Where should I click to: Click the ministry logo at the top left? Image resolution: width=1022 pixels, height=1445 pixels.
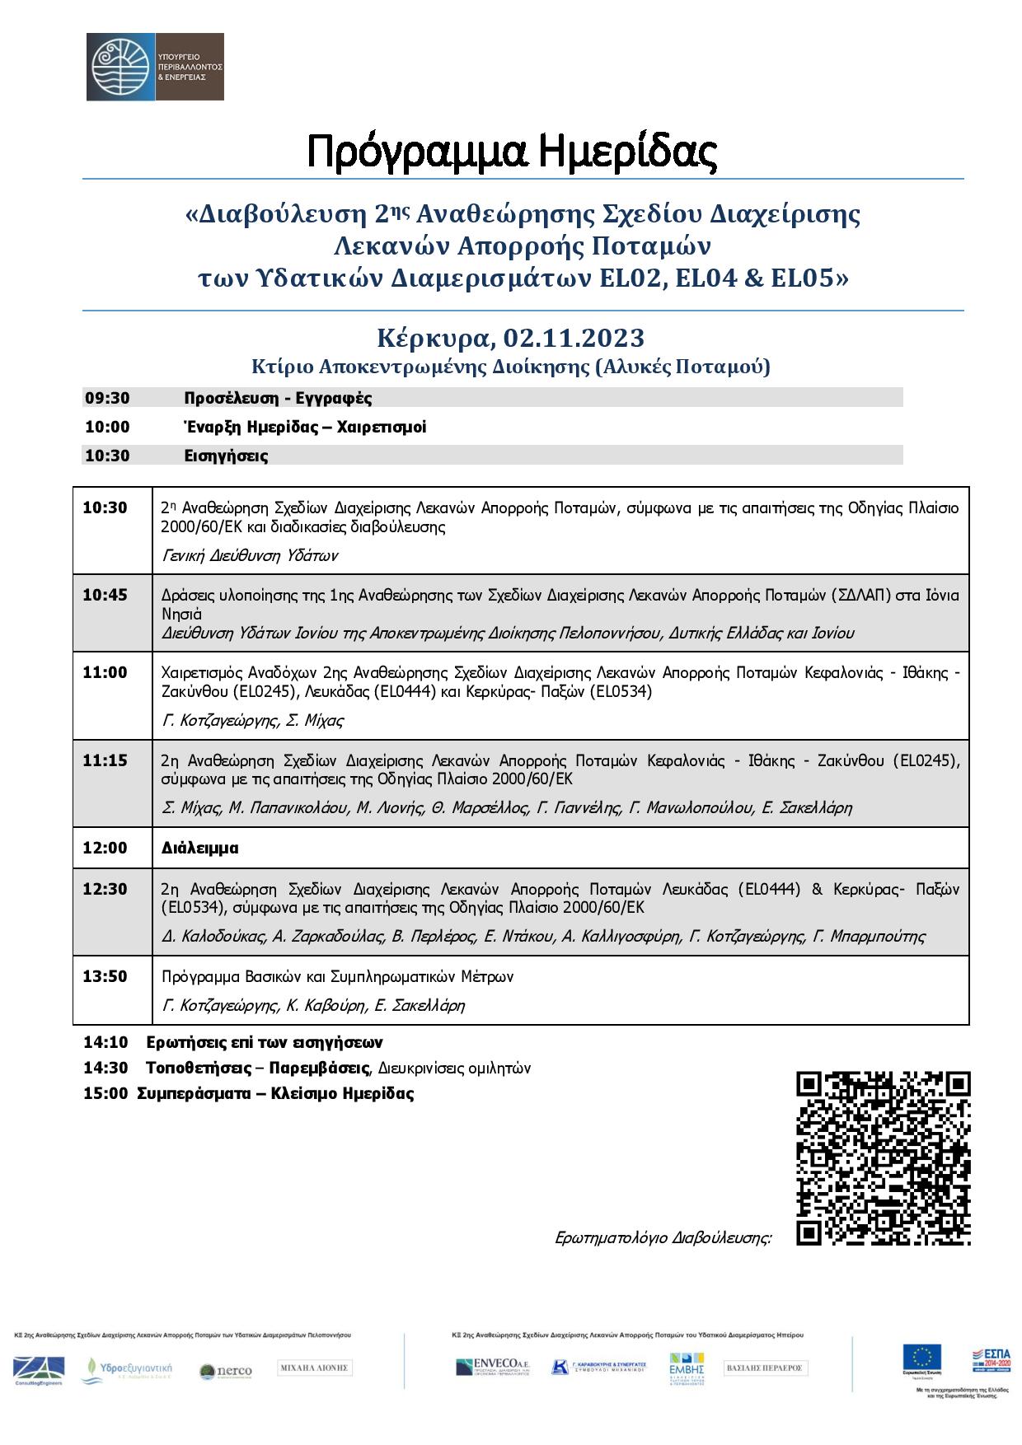pyautogui.click(x=155, y=67)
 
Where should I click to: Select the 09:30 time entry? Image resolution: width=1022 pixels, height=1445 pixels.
pyautogui.click(x=107, y=399)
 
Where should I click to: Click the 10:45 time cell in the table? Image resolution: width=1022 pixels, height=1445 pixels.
pyautogui.click(x=105, y=595)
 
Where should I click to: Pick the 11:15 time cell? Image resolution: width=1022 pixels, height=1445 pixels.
pyautogui.click(x=105, y=760)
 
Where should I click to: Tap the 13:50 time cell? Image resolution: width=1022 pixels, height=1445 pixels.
pyautogui.click(x=105, y=976)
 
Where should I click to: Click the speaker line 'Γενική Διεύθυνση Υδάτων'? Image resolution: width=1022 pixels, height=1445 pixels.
pyautogui.click(x=250, y=555)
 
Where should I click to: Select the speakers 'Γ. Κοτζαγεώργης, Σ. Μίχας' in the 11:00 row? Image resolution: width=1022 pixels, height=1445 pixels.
pyautogui.click(x=253, y=720)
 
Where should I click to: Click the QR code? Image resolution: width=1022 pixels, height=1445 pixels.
pyautogui.click(x=884, y=1158)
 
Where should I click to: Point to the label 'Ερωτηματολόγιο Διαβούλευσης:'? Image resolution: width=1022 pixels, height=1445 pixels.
pyautogui.click(x=663, y=1237)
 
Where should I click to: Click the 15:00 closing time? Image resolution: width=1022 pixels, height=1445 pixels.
pyautogui.click(x=105, y=1094)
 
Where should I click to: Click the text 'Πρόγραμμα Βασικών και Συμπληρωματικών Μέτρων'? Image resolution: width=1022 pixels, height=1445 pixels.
pyautogui.click(x=338, y=977)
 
